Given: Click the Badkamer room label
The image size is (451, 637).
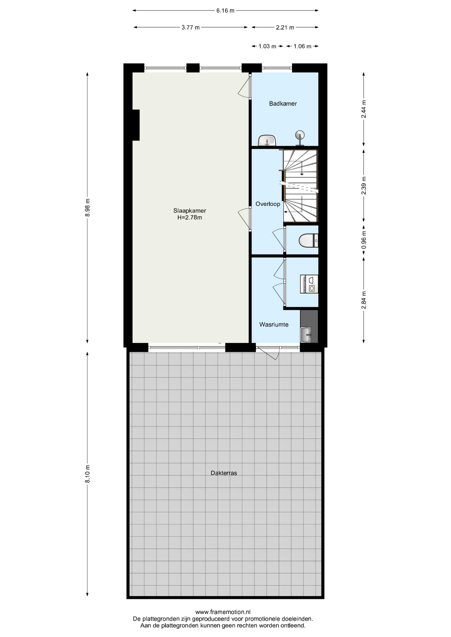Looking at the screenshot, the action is click(x=283, y=104).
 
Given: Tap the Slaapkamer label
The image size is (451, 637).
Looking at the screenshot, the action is click(x=190, y=211).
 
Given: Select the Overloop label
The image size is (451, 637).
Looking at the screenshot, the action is click(x=268, y=204).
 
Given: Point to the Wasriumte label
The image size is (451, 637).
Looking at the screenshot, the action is click(x=274, y=324).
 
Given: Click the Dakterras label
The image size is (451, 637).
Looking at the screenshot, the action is click(x=224, y=473).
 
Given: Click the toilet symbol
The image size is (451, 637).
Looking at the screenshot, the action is click(x=309, y=241).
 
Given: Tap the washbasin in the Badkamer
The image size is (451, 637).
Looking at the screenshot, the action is click(x=267, y=140).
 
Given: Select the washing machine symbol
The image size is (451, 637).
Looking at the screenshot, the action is click(x=309, y=284).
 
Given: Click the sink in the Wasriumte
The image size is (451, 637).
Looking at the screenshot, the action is click(x=306, y=334).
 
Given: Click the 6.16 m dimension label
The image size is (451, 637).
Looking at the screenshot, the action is click(x=225, y=11).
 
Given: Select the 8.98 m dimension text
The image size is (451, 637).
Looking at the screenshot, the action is click(x=88, y=208).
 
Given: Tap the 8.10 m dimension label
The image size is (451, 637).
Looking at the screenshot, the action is click(x=88, y=474).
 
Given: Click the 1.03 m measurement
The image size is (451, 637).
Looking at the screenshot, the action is click(x=267, y=46).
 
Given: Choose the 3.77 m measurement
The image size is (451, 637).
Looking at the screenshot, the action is click(x=191, y=28).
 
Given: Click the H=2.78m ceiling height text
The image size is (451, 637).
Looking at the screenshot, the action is click(x=190, y=218).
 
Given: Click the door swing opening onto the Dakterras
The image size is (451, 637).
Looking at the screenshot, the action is click(x=268, y=353).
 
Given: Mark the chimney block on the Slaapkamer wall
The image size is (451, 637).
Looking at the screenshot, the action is click(x=136, y=125).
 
